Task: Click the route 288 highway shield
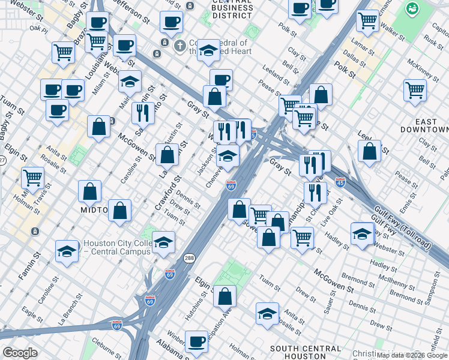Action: pos(188,257)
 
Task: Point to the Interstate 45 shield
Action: pos(340,181)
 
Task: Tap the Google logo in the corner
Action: pos(20,353)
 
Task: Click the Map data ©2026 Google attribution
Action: pos(412,355)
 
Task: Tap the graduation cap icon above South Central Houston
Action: pos(267,312)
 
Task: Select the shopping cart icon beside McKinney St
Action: pos(415,90)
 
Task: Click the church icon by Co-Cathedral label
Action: pos(179,45)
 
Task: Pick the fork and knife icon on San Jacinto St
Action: pos(143,112)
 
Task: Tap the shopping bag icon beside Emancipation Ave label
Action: pos(224,296)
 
